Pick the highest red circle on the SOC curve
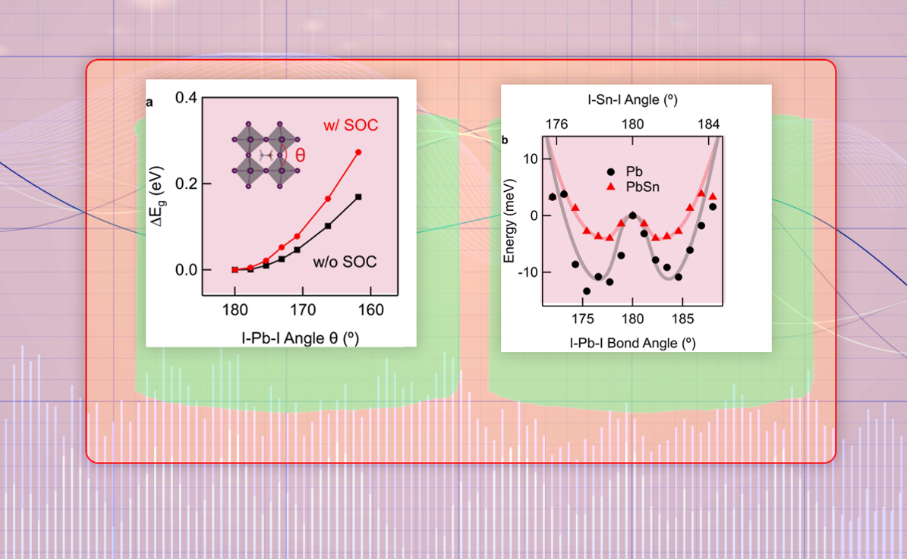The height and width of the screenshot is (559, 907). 358,152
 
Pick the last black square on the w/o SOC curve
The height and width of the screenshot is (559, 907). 358,197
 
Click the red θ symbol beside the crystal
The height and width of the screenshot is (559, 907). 301,155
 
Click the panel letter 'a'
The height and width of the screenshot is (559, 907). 150,104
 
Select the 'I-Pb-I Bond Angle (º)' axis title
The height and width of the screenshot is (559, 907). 632,343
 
